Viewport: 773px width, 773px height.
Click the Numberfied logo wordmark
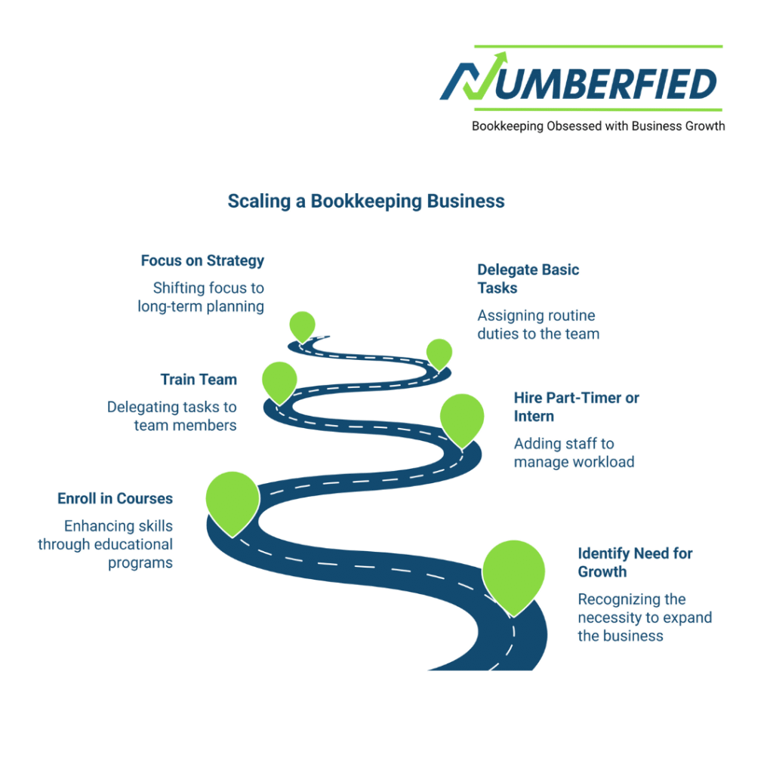coord(581,82)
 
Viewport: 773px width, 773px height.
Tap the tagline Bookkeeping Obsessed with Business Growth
coord(598,126)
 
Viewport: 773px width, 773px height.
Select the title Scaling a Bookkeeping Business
coord(366,202)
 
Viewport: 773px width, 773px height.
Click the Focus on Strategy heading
coord(202,260)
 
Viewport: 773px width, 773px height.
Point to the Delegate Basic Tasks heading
coord(528,279)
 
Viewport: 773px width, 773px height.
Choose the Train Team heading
coord(199,380)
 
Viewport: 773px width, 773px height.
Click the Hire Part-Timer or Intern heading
coord(576,407)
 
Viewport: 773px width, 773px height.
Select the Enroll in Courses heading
coord(115,498)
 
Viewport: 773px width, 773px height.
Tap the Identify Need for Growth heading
coord(635,562)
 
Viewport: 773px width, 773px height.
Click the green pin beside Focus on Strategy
coord(302,325)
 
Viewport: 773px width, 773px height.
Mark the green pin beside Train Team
coord(279,380)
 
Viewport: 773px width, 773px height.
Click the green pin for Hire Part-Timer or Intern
coord(461,417)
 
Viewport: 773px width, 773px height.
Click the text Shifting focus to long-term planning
coord(201,297)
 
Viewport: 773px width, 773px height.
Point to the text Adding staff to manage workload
coord(574,452)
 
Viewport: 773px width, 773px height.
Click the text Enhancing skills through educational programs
coord(106,544)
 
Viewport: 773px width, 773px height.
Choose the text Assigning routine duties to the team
coord(538,325)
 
